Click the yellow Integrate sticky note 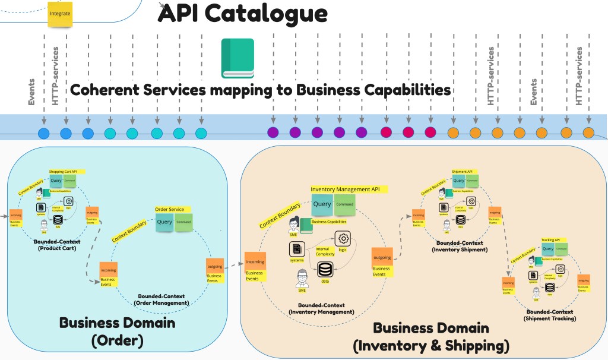pos(59,13)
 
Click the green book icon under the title pos(237,58)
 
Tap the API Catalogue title pos(242,13)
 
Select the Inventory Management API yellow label pos(349,190)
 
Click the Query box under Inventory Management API pos(322,204)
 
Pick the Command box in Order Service pos(183,222)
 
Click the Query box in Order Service pos(164,222)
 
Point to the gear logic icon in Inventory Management pos(343,239)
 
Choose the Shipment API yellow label pos(463,171)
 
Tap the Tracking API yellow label pos(551,240)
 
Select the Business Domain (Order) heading pos(118,332)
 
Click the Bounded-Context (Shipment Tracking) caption pos(549,315)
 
